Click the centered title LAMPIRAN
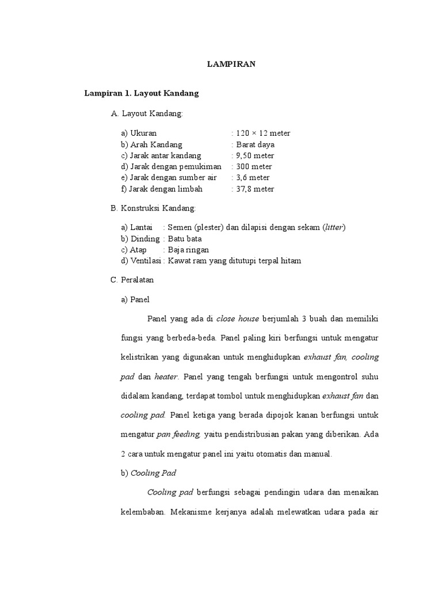[x=231, y=64]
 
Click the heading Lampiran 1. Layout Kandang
[x=142, y=92]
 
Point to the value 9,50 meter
[x=254, y=155]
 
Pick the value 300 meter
[x=254, y=167]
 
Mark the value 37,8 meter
[x=254, y=189]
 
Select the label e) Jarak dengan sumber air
[x=169, y=178]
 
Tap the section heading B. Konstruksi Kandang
[x=153, y=207]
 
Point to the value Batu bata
[x=185, y=238]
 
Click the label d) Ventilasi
[x=141, y=261]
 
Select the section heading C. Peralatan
[x=132, y=280]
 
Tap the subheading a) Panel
[x=135, y=299]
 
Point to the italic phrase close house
[x=238, y=319]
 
